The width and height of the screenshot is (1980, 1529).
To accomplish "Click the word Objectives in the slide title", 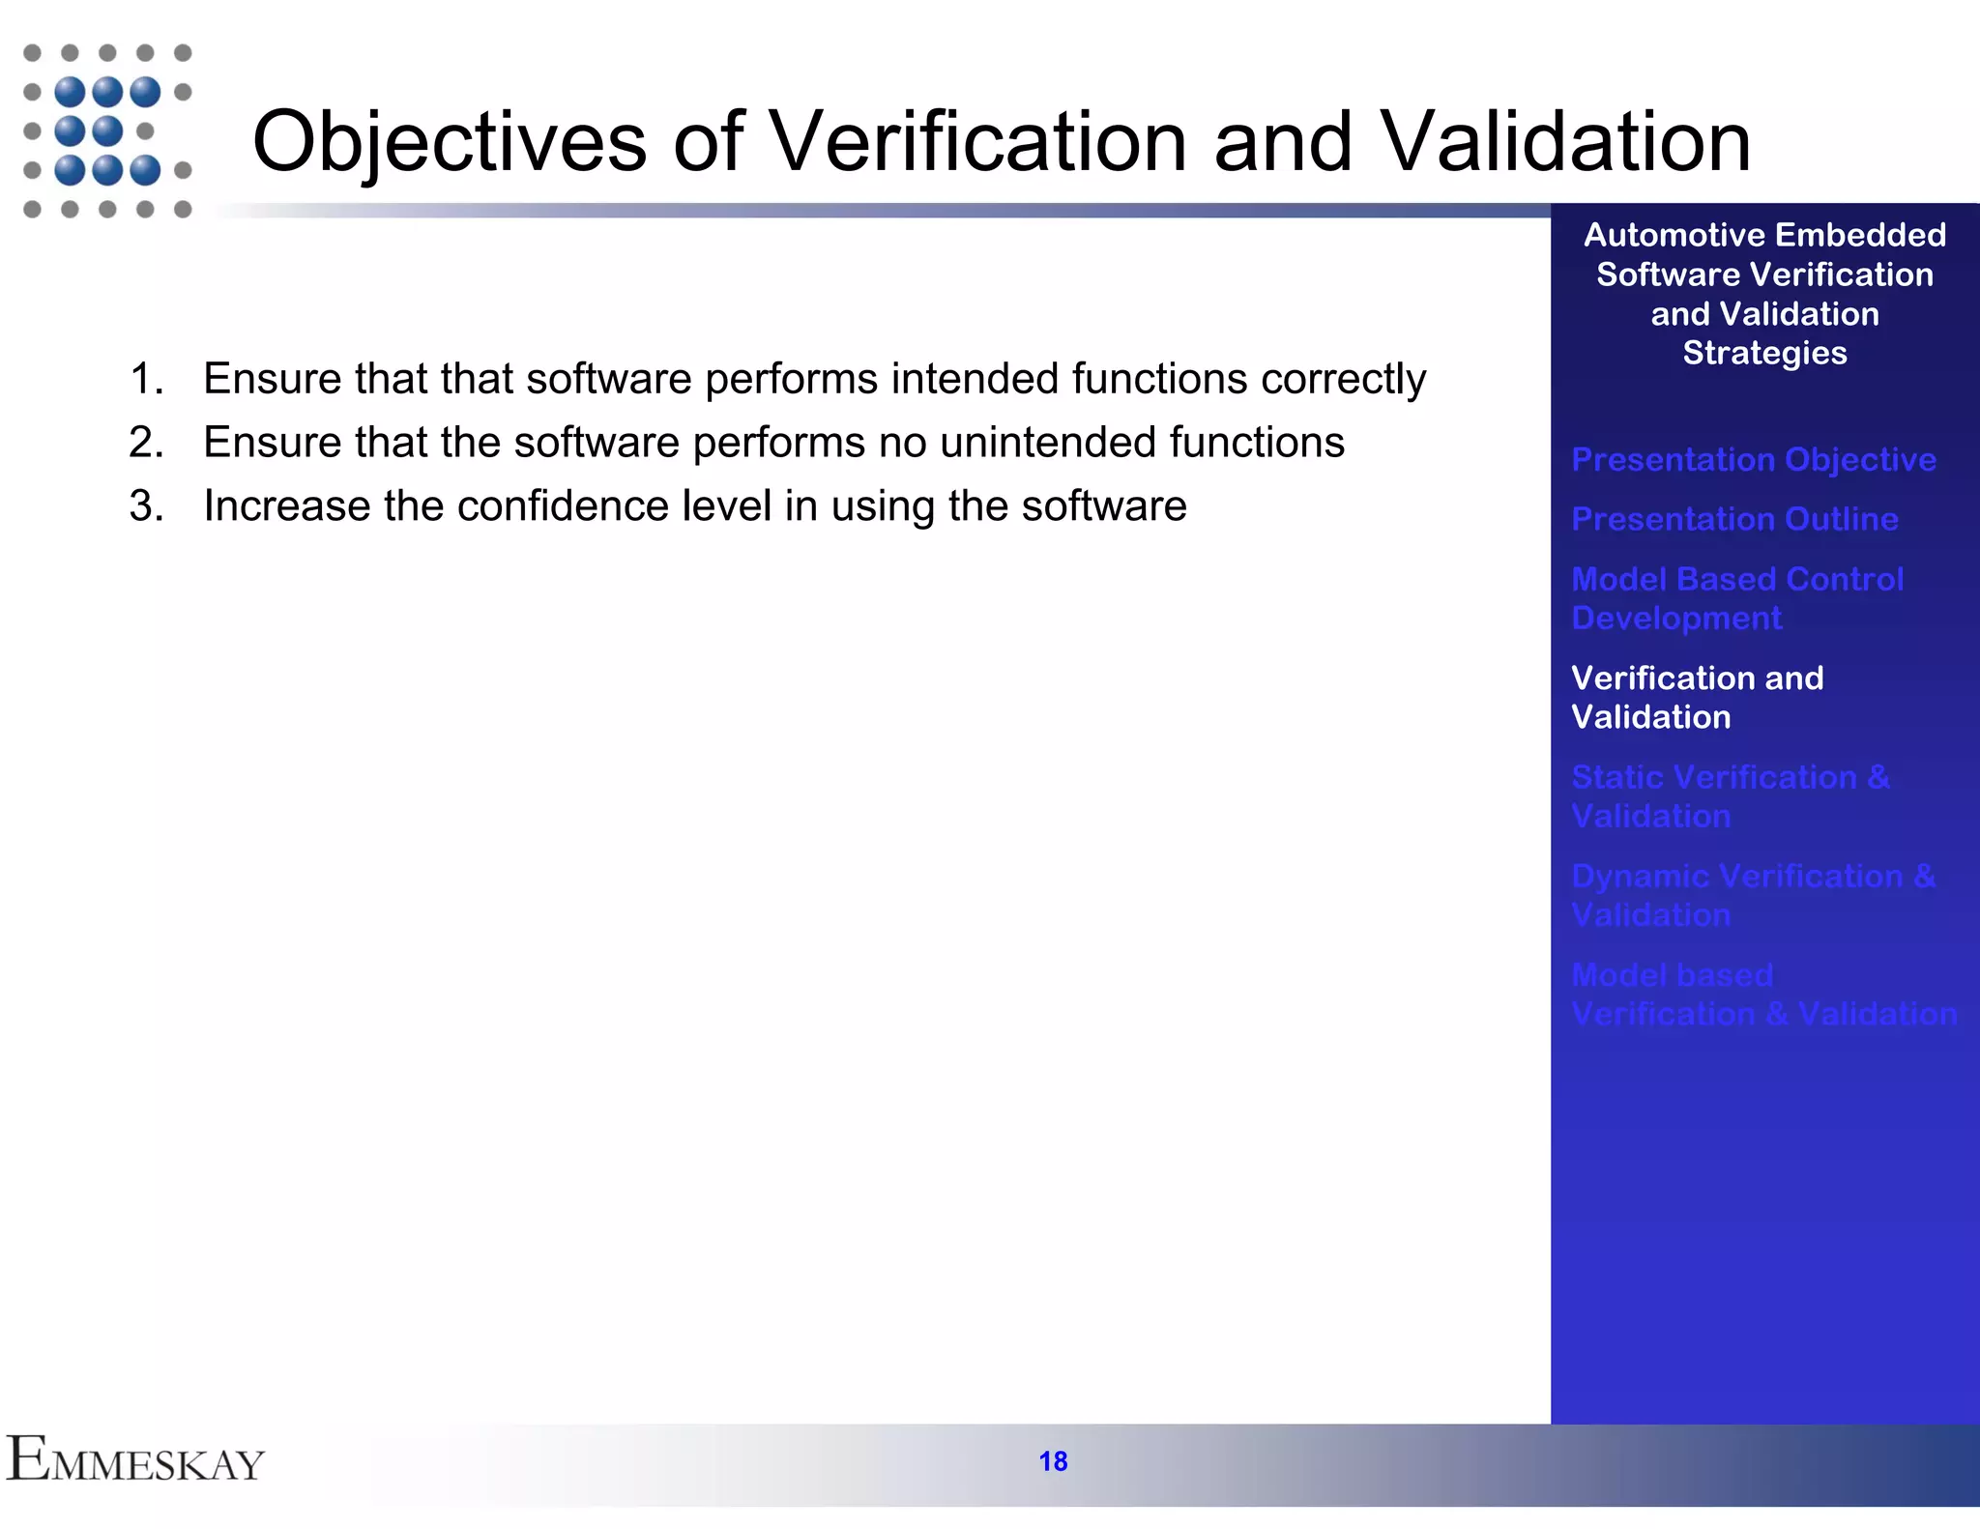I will coord(449,143).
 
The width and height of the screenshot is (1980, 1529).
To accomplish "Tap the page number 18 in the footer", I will coord(1053,1461).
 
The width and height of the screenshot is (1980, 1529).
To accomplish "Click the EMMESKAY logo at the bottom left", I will coord(135,1459).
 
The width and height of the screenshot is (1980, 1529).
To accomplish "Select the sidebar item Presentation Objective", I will coord(1753,460).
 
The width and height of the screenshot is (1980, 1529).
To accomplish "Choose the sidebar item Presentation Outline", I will coord(1734,519).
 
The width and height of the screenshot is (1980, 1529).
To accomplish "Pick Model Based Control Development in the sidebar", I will coord(1736,598).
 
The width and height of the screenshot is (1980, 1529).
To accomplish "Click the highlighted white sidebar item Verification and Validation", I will coord(1697,697).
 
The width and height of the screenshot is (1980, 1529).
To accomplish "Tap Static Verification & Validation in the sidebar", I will coord(1730,796).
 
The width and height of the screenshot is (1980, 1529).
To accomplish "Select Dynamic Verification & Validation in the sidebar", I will coord(1753,895).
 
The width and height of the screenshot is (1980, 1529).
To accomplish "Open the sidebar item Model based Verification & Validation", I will coord(1763,995).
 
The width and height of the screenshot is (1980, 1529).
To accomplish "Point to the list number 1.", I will coord(145,379).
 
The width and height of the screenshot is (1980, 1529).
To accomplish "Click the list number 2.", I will coord(145,443).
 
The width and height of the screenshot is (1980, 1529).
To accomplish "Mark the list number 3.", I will coord(145,506).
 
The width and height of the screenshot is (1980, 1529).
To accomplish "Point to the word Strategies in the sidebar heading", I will coord(1764,354).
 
